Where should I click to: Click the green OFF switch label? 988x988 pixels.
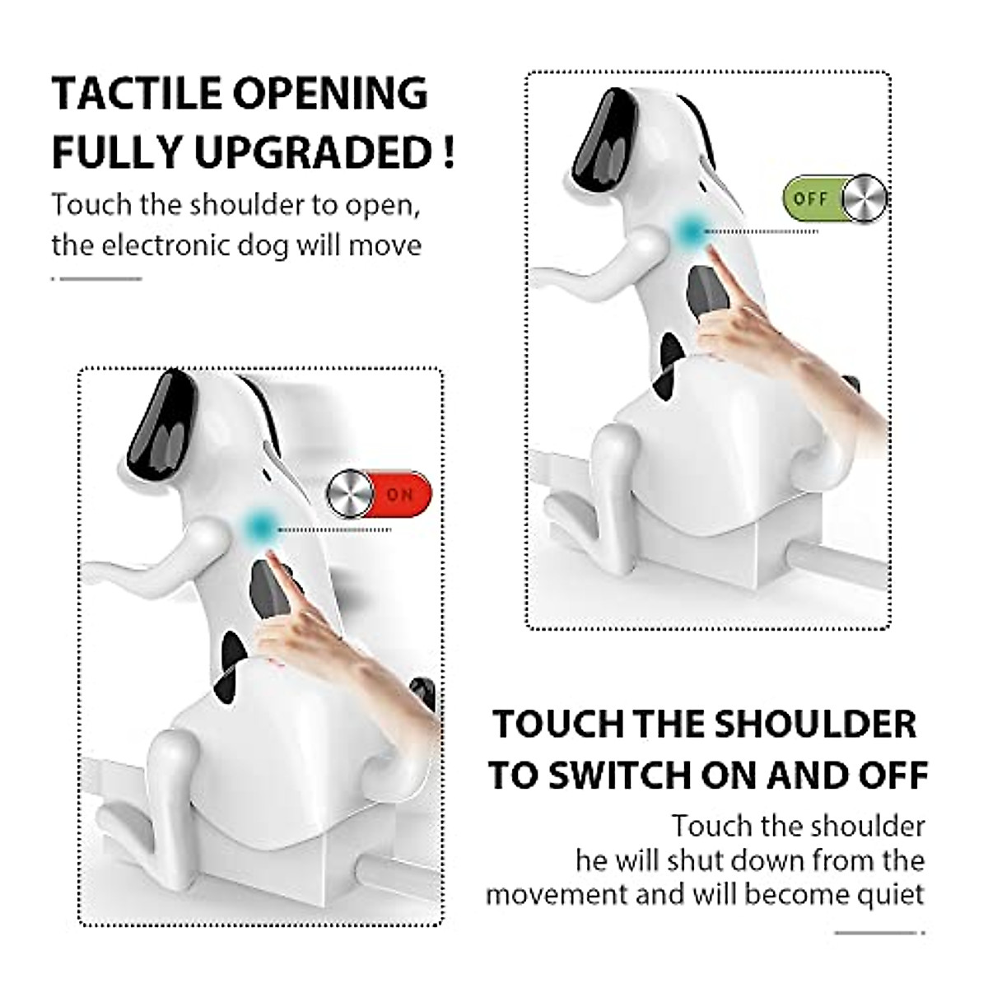(811, 199)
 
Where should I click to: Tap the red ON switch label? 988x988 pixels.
(399, 495)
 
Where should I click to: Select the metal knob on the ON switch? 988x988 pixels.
(349, 495)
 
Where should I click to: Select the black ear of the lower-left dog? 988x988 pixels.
(162, 424)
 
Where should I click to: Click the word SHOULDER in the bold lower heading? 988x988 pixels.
(814, 725)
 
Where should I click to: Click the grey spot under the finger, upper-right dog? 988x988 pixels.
(703, 293)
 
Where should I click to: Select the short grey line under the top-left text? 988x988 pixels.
(97, 278)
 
